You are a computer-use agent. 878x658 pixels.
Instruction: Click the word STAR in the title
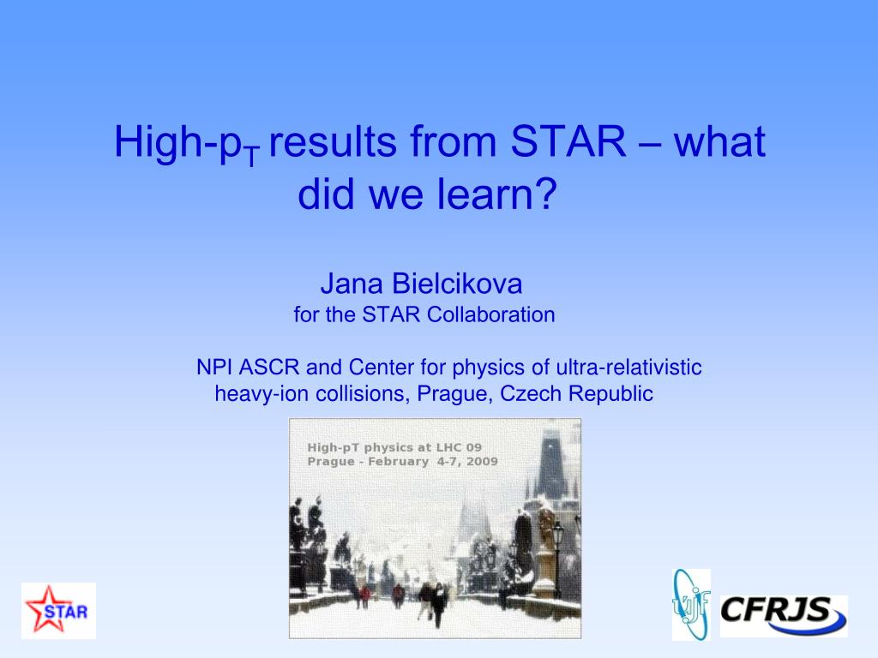pos(568,141)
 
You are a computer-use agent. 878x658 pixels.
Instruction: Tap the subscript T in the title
pos(253,157)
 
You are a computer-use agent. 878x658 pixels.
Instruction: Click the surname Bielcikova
pos(457,284)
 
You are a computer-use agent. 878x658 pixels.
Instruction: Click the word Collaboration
pos(490,314)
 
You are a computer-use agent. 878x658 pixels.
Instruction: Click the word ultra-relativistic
pos(628,368)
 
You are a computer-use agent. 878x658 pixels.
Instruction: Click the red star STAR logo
pos(58,610)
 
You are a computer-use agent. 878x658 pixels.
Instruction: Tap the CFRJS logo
pos(784,615)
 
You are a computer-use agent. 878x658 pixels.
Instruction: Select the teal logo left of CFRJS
pos(692,604)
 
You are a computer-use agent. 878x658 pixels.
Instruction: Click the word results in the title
pos(333,141)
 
